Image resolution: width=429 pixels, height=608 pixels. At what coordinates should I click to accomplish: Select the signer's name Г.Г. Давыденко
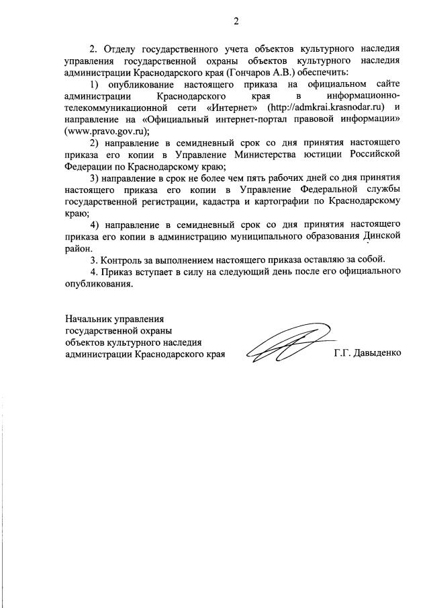click(x=367, y=352)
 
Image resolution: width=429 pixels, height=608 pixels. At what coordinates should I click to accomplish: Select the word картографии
click(x=287, y=202)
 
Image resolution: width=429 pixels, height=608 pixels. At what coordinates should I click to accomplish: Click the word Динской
click(x=383, y=235)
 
